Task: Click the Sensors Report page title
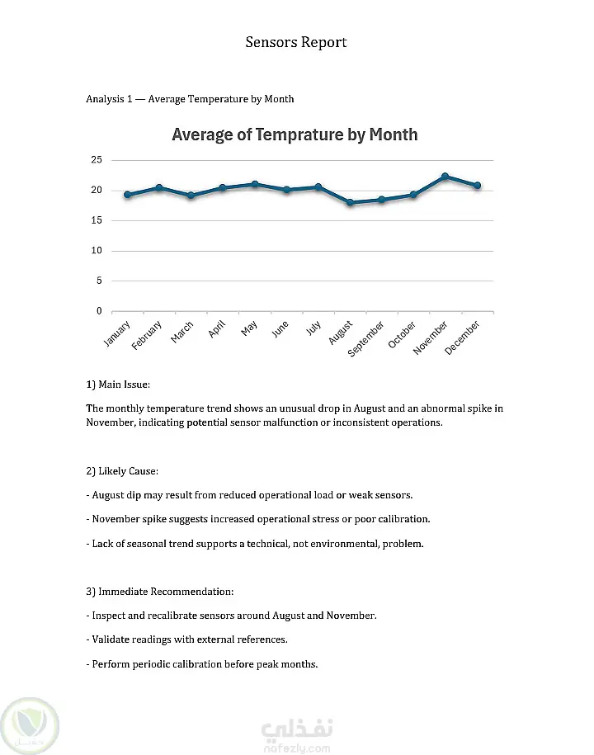(296, 42)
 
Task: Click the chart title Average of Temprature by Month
(295, 134)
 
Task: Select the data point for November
(445, 177)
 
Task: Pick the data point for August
(350, 202)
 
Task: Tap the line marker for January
(127, 195)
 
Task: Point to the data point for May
(254, 184)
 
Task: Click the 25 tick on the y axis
(97, 160)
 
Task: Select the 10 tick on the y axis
(97, 251)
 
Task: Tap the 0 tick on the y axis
(99, 311)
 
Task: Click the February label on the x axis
(147, 336)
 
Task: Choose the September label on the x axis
(365, 339)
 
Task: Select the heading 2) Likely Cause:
(122, 471)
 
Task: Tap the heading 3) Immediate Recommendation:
(160, 592)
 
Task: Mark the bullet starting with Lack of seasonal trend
(254, 544)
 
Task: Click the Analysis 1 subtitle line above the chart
(190, 99)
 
